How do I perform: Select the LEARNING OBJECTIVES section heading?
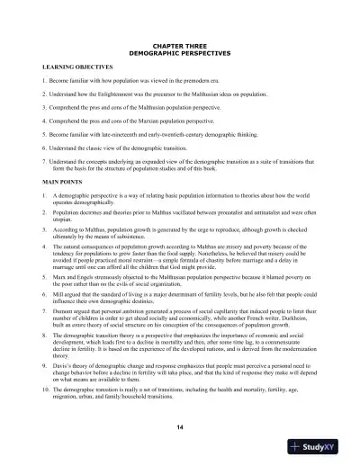[77, 67]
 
